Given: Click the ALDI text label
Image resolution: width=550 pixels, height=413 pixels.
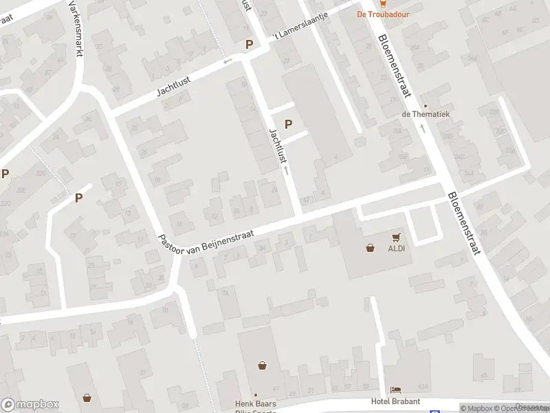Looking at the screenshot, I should pyautogui.click(x=395, y=248).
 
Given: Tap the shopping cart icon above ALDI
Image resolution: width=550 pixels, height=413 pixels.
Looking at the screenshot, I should pyautogui.click(x=396, y=236).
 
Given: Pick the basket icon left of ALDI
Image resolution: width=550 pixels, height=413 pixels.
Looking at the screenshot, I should pyautogui.click(x=371, y=248).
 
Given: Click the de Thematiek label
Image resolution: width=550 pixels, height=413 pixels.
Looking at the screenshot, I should pyautogui.click(x=426, y=114).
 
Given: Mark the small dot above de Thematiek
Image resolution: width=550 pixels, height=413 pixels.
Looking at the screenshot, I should pyautogui.click(x=425, y=105).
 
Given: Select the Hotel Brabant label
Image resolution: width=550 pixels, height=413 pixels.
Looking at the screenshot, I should pyautogui.click(x=395, y=402).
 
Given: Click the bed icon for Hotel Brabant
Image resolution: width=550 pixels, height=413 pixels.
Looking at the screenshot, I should pyautogui.click(x=395, y=390).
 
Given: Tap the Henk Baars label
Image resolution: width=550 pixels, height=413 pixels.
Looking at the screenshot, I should pyautogui.click(x=255, y=403).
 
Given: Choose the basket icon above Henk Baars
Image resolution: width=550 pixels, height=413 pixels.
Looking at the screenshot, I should pyautogui.click(x=262, y=366).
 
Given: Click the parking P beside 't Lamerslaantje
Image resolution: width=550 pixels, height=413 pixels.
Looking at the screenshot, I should pyautogui.click(x=250, y=44).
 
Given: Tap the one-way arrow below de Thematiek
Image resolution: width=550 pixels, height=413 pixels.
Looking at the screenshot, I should pyautogui.click(x=423, y=128).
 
